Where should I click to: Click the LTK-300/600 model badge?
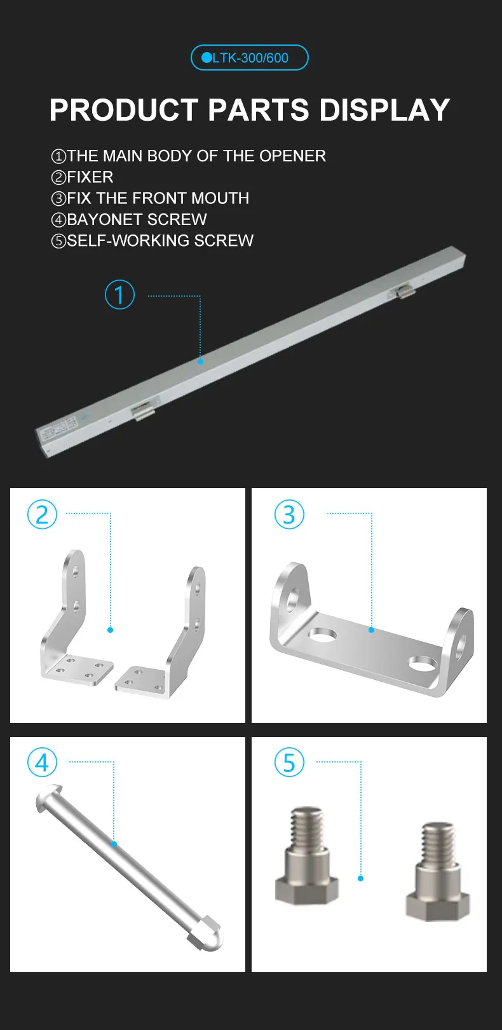click(x=249, y=58)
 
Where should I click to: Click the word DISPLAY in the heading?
click(x=384, y=110)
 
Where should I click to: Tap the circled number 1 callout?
click(x=119, y=295)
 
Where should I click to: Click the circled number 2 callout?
click(x=42, y=514)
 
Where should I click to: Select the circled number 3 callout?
click(x=289, y=514)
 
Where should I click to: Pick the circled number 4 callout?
click(x=42, y=762)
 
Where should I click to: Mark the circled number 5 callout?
click(x=289, y=762)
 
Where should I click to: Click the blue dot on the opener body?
click(x=200, y=361)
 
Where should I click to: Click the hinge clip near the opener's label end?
click(x=144, y=410)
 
